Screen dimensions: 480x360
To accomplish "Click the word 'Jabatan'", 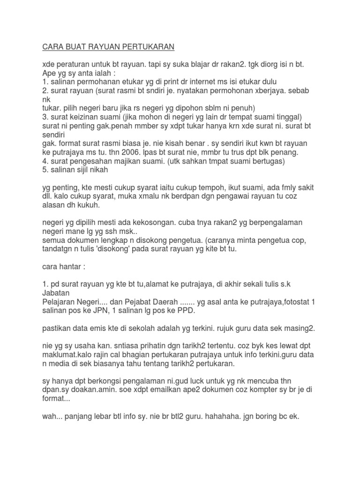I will click(x=56, y=293).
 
